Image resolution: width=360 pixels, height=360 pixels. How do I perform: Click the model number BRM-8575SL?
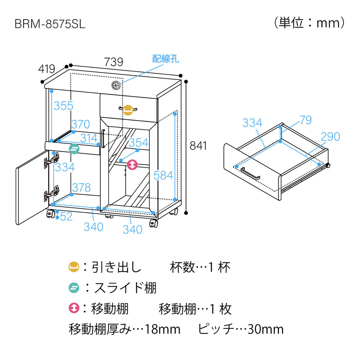click(x=50, y=24)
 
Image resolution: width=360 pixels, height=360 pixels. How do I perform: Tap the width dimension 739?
click(x=113, y=62)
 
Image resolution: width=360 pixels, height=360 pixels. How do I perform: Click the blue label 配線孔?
click(x=165, y=59)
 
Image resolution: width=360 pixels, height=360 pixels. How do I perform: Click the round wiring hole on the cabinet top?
click(x=116, y=85)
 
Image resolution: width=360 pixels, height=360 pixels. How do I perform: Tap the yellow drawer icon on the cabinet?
click(x=128, y=109)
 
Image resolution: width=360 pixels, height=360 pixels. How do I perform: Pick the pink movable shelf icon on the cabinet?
click(x=132, y=165)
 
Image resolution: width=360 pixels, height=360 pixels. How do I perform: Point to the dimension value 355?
click(x=63, y=106)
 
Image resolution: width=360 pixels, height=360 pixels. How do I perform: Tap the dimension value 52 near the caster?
click(x=66, y=216)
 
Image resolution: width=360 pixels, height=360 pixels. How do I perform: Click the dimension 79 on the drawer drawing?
click(x=305, y=120)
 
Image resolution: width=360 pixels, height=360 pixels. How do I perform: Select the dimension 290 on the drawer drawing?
click(x=330, y=137)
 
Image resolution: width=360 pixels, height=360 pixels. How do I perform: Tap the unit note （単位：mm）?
click(x=309, y=23)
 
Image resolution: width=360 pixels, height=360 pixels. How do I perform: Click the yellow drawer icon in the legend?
click(x=73, y=267)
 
